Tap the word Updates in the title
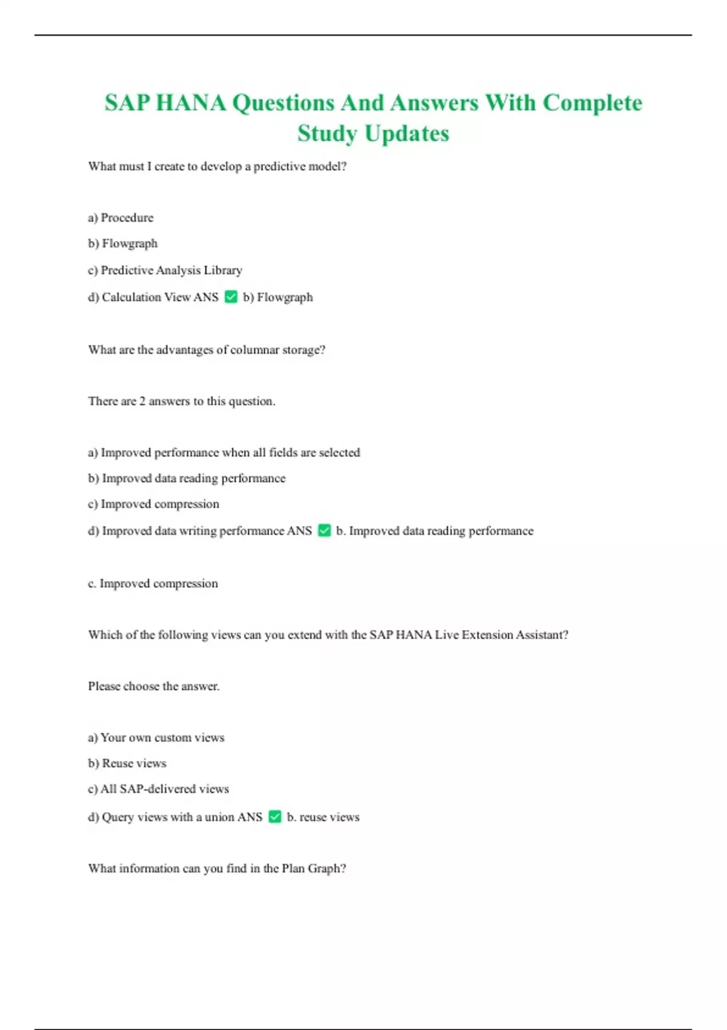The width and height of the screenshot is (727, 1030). (x=407, y=133)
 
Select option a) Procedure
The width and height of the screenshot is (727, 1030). (x=121, y=218)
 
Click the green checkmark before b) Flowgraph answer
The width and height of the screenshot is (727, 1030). (x=231, y=297)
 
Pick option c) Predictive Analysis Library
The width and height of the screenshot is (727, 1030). (x=165, y=270)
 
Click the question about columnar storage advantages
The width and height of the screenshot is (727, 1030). (x=207, y=350)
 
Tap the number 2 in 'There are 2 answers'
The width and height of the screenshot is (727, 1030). (x=142, y=401)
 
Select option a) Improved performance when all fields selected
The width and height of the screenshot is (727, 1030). (x=224, y=453)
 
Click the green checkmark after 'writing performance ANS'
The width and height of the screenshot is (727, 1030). (x=325, y=531)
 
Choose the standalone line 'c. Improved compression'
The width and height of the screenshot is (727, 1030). (x=153, y=583)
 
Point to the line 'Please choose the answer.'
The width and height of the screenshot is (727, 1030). (x=154, y=686)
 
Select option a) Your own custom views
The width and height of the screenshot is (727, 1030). (x=156, y=737)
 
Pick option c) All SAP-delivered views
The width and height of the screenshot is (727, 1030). (x=158, y=789)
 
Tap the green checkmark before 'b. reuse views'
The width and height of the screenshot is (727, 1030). (x=275, y=817)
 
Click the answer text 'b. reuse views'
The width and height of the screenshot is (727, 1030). (x=323, y=817)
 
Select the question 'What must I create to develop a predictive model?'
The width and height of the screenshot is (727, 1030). (x=217, y=167)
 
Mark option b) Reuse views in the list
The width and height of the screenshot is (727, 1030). (x=127, y=763)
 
